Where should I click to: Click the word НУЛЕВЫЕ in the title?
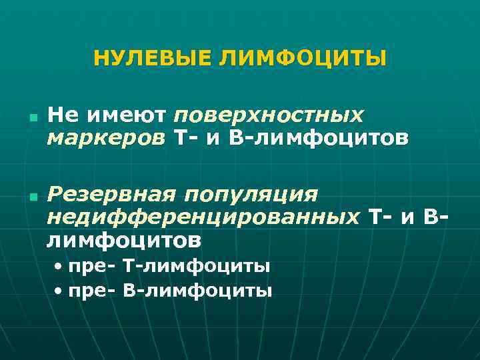coord(152,58)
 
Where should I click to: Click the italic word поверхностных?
coord(269,116)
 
